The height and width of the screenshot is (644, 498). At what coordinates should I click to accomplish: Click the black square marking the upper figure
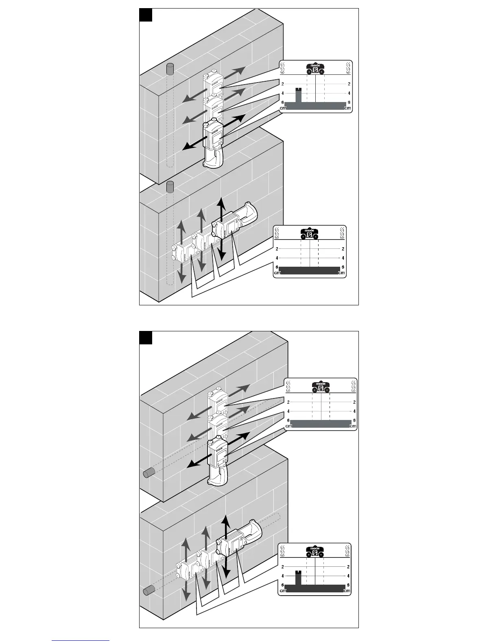pos(146,15)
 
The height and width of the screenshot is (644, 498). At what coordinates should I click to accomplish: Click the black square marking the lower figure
pos(146,337)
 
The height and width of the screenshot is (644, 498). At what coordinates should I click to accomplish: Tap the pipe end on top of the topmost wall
pos(170,69)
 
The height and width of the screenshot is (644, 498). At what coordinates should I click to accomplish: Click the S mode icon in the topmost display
pos(315,71)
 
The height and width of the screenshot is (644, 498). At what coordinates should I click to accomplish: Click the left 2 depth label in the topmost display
pos(282,84)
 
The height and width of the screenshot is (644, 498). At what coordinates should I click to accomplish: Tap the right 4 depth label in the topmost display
pos(349,93)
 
